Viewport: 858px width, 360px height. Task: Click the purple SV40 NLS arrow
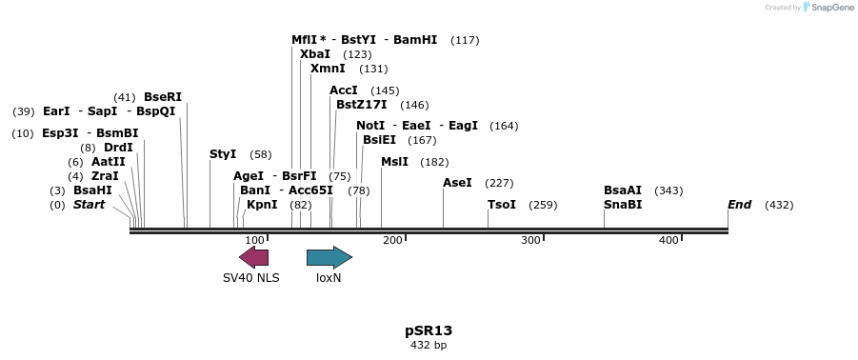(253, 257)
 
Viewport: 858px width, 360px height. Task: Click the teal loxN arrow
(329, 257)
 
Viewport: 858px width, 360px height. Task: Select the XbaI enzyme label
(315, 54)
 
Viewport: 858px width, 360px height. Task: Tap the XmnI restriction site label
(328, 69)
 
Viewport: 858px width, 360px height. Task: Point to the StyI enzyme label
(223, 154)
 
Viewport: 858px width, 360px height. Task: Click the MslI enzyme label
(394, 162)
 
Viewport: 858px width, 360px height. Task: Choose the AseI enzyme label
(457, 183)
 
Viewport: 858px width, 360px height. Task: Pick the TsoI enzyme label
(502, 205)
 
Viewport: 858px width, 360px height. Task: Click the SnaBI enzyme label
(623, 205)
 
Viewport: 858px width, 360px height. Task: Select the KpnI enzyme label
(262, 205)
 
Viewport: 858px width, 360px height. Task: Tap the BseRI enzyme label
(163, 97)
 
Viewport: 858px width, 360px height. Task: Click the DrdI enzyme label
(119, 148)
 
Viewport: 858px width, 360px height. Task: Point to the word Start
(89, 205)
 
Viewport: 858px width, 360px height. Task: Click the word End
(740, 205)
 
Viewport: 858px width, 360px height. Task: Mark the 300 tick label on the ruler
(531, 240)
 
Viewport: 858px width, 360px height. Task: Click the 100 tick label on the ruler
(254, 240)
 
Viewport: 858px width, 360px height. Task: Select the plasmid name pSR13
(429, 330)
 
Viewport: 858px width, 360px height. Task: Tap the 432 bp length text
(429, 345)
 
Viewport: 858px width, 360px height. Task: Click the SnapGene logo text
(832, 8)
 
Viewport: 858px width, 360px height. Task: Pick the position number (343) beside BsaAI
(668, 190)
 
